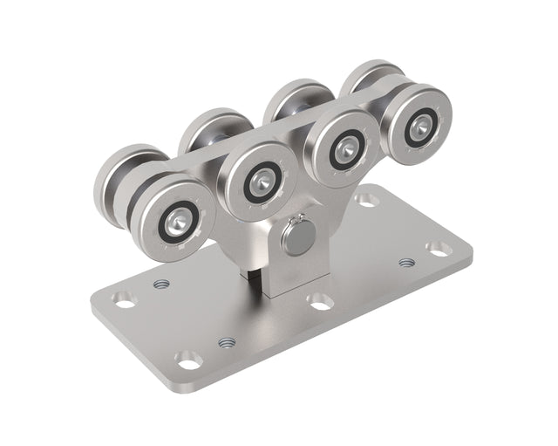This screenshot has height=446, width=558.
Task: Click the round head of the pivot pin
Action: (x=299, y=237)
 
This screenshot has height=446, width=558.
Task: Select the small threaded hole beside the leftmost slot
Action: (x=160, y=284)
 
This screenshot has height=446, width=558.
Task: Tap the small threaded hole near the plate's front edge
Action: (x=227, y=342)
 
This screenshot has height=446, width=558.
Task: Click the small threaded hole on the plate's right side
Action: (x=406, y=262)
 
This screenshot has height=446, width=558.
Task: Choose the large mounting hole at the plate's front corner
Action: (x=189, y=359)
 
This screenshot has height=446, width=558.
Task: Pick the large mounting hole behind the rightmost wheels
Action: (x=367, y=200)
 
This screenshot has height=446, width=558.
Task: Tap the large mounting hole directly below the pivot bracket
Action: (x=320, y=301)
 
